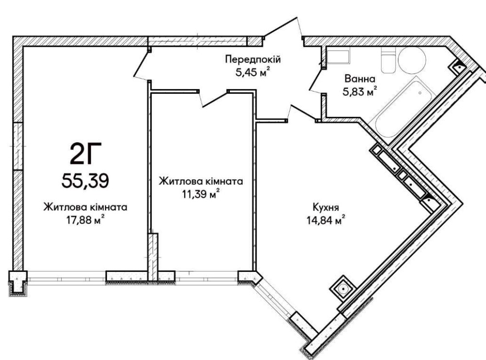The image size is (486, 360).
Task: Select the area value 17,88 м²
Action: (85, 220)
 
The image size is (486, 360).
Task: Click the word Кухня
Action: (326, 207)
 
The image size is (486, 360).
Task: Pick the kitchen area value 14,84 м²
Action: (326, 220)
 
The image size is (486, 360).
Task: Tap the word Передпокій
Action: (253, 59)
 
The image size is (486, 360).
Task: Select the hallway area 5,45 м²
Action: (253, 72)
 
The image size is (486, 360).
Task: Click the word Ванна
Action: (360, 79)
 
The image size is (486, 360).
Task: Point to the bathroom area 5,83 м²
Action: (360, 91)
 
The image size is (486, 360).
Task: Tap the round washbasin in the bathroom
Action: (412, 60)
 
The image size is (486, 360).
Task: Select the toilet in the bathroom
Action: (388, 60)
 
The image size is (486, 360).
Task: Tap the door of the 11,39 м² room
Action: (214, 99)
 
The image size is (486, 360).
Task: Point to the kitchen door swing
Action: (302, 113)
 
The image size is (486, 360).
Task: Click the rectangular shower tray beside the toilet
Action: (338, 56)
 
